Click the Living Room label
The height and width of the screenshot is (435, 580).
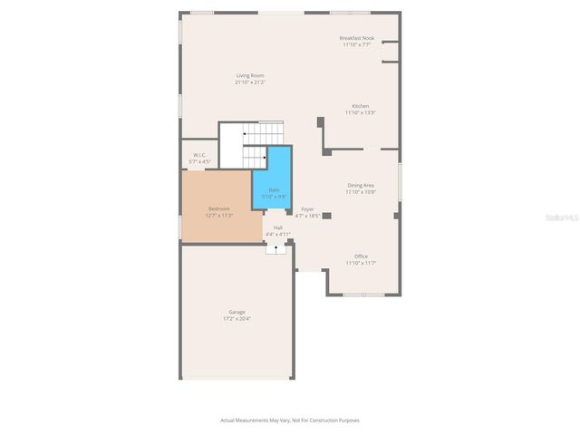pos(250,75)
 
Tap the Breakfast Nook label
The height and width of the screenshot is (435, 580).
pos(356,38)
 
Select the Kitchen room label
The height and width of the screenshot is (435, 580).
pos(360,106)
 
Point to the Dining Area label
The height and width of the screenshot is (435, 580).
pos(361,185)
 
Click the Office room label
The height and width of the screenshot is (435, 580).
pos(361,256)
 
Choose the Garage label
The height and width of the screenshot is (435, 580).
pos(237,312)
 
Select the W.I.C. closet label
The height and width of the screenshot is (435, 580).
pos(198,155)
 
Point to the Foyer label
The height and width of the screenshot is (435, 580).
pos(308,208)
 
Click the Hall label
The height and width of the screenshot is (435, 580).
pos(277,227)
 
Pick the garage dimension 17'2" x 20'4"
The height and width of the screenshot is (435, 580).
pos(237,319)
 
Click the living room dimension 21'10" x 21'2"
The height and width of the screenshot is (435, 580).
pos(250,82)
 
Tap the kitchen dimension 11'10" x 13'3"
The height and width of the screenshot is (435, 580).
pos(360,113)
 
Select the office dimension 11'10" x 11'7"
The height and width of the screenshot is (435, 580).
pos(361,264)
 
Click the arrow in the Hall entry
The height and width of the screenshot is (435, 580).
pos(276,246)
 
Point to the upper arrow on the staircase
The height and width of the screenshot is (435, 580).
pos(244,133)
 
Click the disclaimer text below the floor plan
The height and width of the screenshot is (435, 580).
pos(290,420)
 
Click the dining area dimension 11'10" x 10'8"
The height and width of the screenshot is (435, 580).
pos(361,192)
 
